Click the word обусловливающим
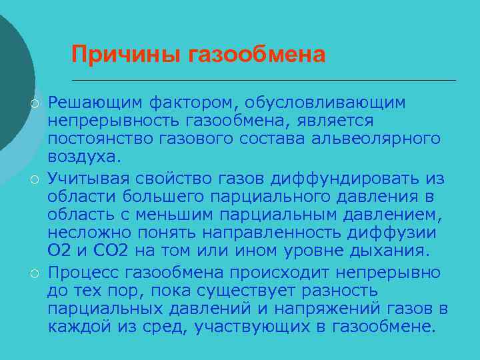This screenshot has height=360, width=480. (x=325, y=103)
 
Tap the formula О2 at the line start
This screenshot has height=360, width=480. (x=57, y=251)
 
